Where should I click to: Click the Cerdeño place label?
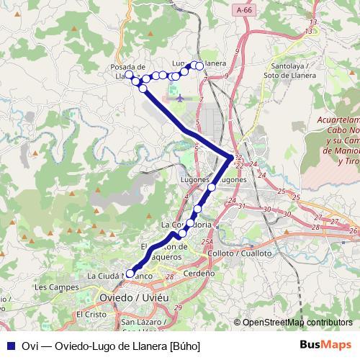point(199,274)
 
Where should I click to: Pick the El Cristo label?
point(91,315)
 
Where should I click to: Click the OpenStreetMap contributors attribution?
point(297,323)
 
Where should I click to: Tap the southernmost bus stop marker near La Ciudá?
point(130,273)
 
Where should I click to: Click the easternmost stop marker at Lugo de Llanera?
point(199,66)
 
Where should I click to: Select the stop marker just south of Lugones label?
point(212,187)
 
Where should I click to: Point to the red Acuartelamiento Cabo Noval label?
point(338,140)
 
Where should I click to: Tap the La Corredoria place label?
point(186,225)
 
